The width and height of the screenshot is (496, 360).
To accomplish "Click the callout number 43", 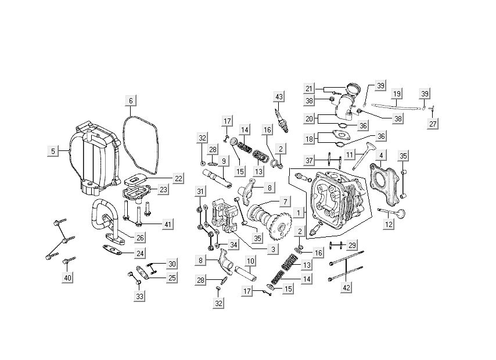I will [279, 96].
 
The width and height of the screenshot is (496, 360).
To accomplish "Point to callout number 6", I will [131, 101].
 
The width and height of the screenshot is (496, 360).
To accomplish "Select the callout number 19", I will [397, 93].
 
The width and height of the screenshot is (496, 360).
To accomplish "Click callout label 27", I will [433, 124].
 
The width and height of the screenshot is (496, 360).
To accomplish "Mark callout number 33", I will [139, 296].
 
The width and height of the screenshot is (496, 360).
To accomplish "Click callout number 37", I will [310, 160].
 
